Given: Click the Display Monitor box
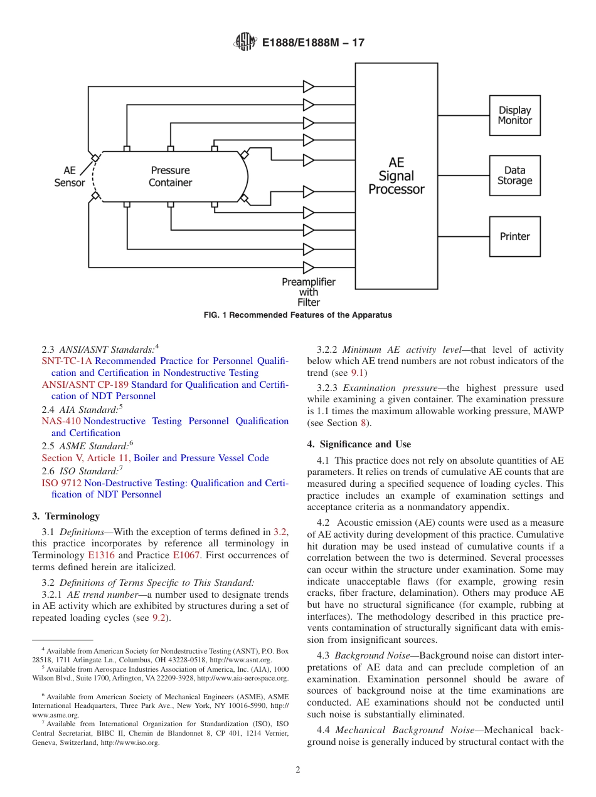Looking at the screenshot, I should click(514, 115).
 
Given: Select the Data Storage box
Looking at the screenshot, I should click(514, 175).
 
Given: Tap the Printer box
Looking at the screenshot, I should click(514, 236).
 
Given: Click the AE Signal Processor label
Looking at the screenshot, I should click(396, 176).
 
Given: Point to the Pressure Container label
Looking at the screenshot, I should click(170, 176).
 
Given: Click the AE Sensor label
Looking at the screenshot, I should click(70, 176).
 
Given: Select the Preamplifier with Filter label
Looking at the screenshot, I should click(308, 292).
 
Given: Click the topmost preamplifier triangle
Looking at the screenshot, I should click(308, 86).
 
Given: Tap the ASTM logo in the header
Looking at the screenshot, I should click(245, 42).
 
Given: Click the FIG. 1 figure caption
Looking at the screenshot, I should click(298, 315).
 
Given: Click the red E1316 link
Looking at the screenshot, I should click(101, 555).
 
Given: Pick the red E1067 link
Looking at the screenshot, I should click(186, 555).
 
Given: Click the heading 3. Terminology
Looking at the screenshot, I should click(66, 516).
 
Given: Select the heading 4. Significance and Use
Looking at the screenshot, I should click(359, 444).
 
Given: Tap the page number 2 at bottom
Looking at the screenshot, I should click(298, 770).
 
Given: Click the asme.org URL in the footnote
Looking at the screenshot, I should click(56, 714).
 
